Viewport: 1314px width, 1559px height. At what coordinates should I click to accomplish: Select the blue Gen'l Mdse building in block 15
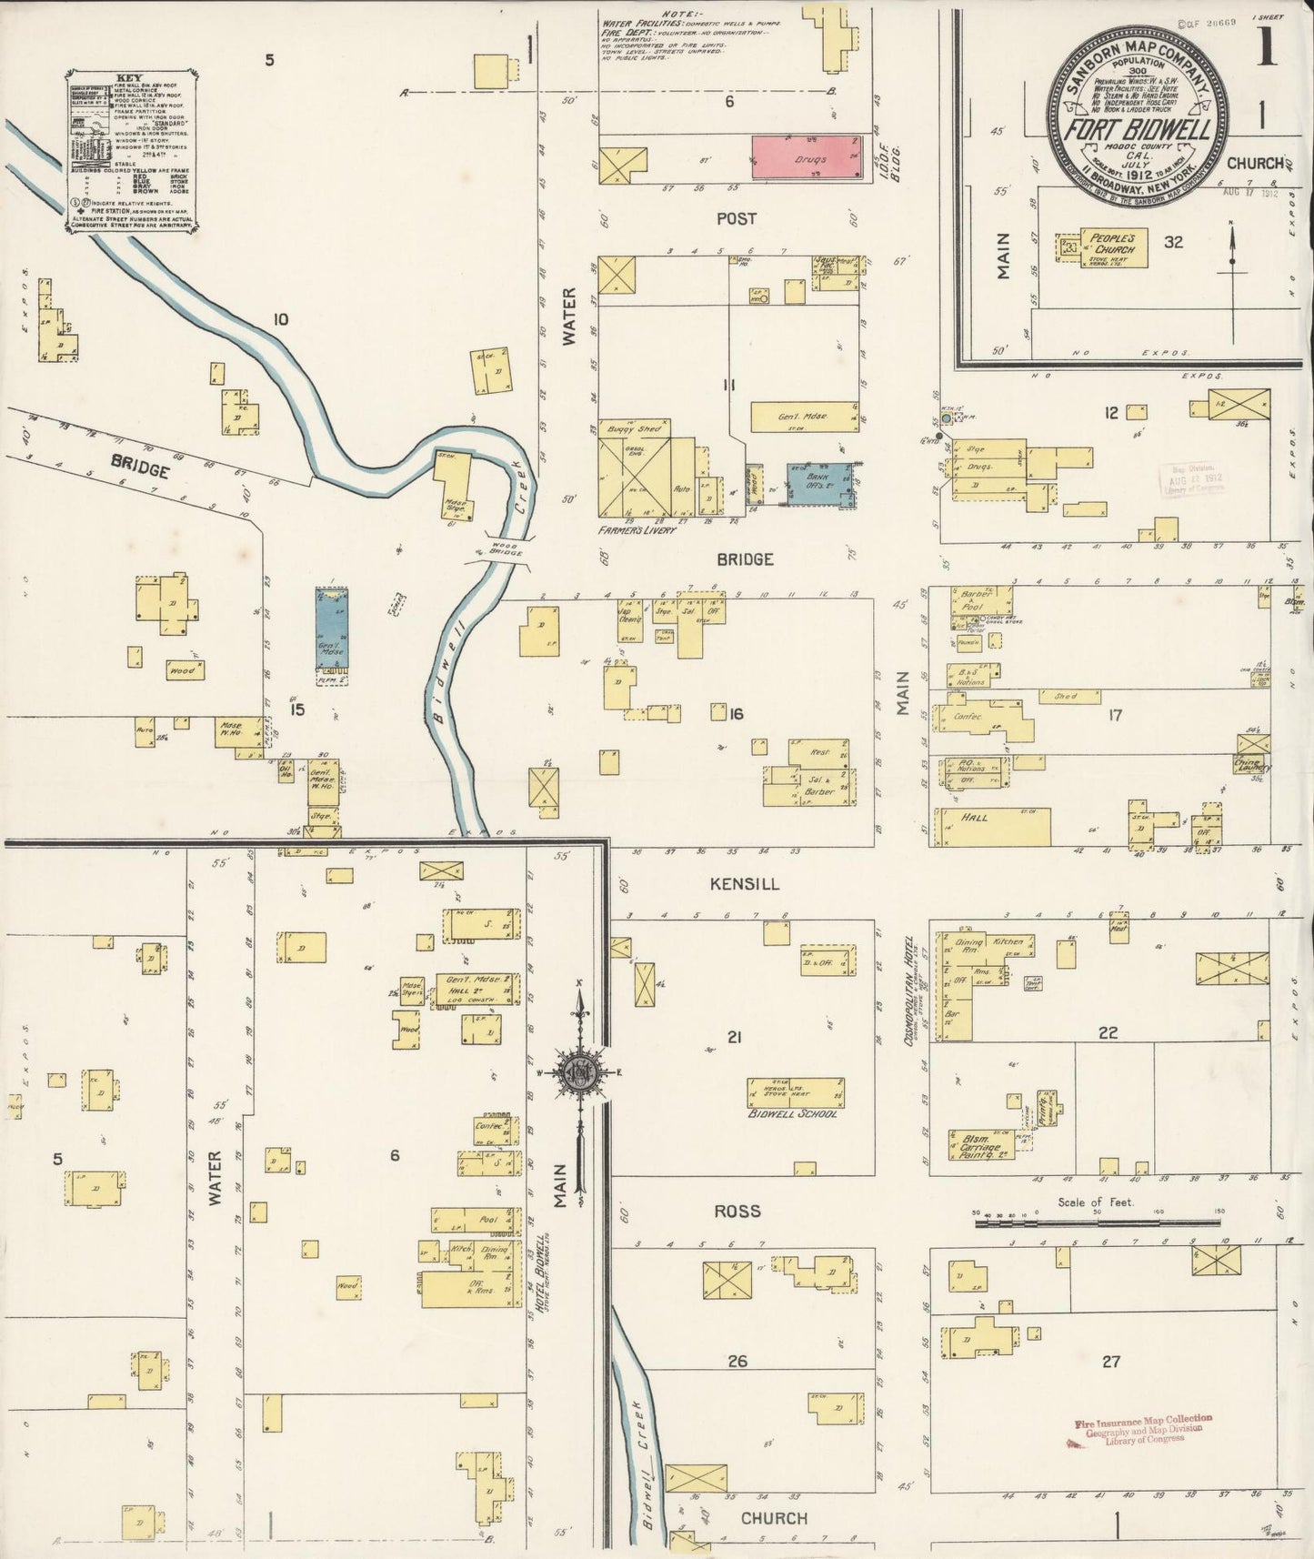(x=332, y=634)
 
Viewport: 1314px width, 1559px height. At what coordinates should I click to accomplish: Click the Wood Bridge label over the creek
(x=496, y=548)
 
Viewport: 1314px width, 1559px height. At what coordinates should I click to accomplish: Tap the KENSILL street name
(x=745, y=883)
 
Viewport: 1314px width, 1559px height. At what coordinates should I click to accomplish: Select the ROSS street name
(x=737, y=1211)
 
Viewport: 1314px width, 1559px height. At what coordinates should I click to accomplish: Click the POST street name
(x=736, y=218)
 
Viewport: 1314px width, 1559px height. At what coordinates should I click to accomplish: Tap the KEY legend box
(x=133, y=151)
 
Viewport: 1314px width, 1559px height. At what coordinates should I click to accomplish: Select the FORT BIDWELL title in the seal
(x=1138, y=130)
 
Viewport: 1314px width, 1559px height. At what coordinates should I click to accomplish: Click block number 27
(x=1110, y=1361)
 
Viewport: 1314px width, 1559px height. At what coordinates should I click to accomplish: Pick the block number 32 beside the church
(x=1174, y=242)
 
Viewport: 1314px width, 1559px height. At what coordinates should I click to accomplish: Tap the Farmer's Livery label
(x=637, y=529)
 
